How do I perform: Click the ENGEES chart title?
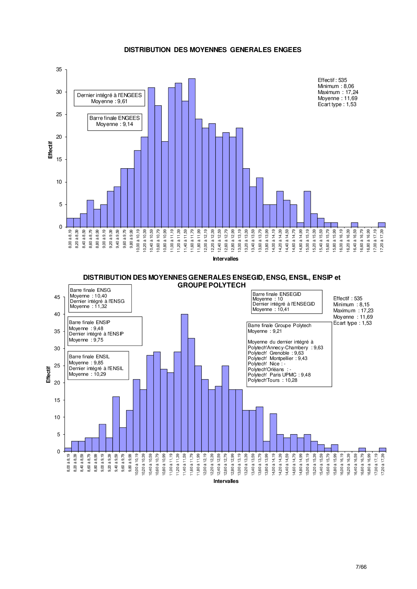[213, 50]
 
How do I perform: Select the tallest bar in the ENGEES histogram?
[192, 153]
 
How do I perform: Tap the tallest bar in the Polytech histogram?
[184, 383]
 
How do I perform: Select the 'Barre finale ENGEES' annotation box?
[115, 121]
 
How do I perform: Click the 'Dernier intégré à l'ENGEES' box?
[109, 98]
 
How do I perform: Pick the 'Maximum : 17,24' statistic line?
[338, 92]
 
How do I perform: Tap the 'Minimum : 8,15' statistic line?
[351, 305]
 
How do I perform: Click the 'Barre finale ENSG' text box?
[100, 298]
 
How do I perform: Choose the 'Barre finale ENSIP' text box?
[105, 331]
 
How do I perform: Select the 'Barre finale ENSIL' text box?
[99, 365]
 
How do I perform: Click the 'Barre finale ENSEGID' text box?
[287, 302]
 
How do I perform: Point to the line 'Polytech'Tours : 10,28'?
[272, 380]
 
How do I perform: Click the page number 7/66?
[361, 567]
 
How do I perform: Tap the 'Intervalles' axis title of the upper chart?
[225, 259]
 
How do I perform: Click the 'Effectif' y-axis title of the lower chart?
[48, 374]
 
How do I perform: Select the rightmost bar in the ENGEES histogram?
[382, 225]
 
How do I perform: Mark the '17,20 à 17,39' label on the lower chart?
[383, 463]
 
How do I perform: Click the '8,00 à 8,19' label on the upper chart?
[70, 239]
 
